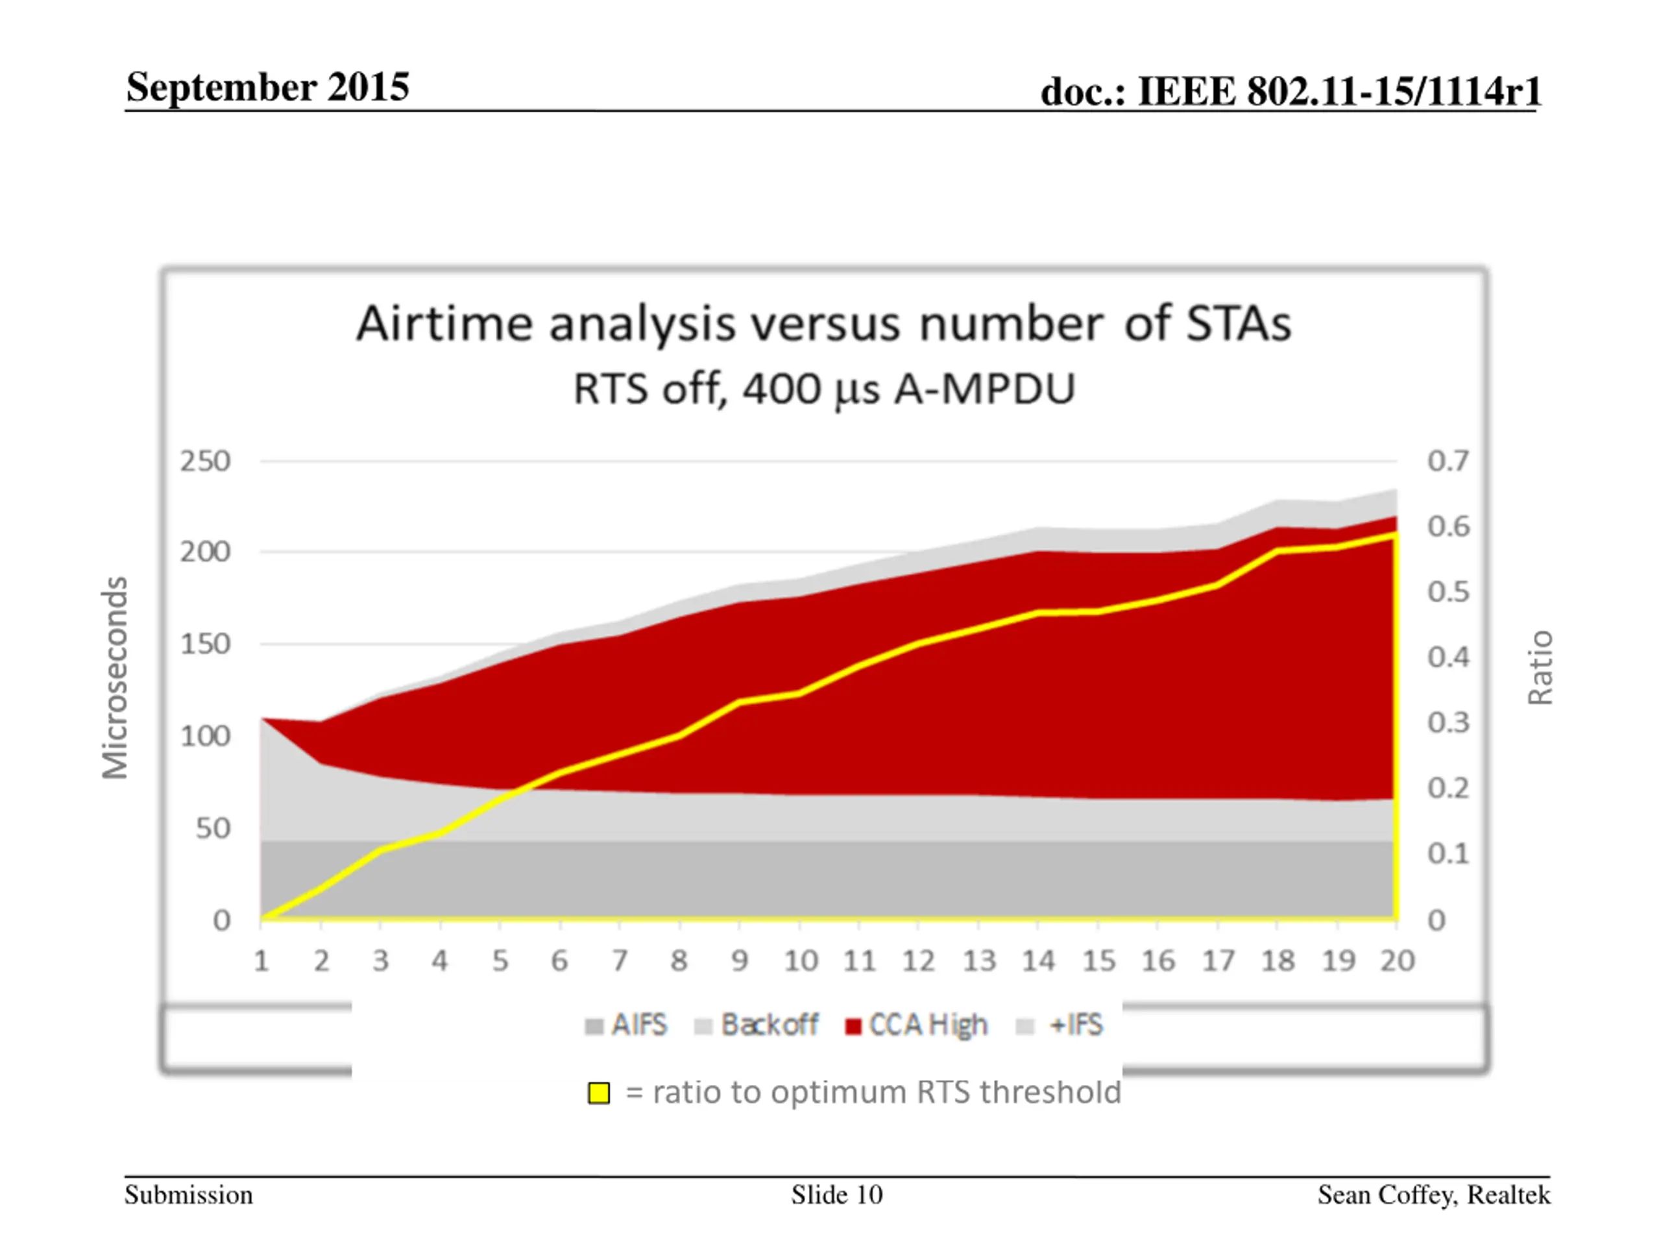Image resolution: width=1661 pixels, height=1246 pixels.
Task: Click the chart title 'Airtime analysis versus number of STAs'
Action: [824, 324]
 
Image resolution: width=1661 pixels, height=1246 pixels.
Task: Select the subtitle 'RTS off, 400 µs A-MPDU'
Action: [824, 389]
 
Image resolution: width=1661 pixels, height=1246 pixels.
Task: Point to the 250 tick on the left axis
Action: [205, 461]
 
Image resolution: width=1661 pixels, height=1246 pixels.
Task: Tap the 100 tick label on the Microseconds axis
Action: [205, 736]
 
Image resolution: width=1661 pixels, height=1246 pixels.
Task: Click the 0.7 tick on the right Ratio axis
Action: [1448, 461]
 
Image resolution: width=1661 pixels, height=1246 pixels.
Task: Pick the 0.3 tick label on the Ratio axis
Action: [1448, 722]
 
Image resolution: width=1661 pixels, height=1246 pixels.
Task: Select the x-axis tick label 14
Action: [1037, 960]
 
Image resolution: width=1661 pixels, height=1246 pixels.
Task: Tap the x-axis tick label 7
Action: [620, 960]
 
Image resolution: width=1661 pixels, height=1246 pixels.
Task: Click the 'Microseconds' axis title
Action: [115, 678]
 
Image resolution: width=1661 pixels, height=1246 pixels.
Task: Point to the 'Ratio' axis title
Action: [1540, 668]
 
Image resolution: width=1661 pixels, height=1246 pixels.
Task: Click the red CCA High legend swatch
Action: [853, 1026]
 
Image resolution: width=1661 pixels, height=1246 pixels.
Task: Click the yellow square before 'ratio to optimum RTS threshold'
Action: [598, 1093]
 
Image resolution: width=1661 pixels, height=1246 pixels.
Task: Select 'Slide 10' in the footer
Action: [836, 1194]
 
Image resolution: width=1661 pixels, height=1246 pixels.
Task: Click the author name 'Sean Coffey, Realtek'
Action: [1433, 1194]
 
